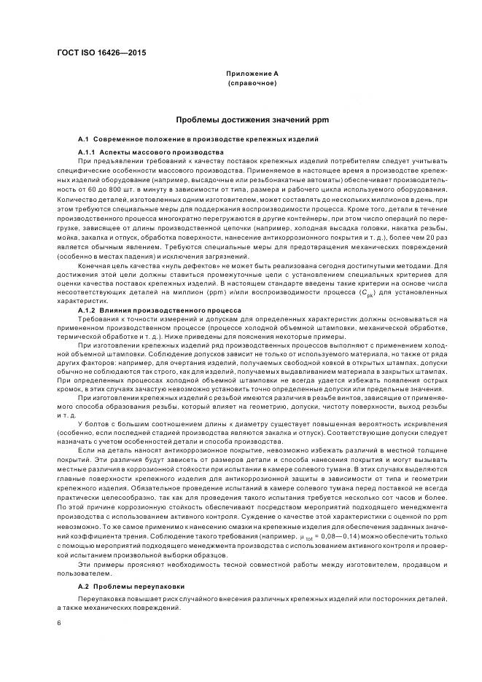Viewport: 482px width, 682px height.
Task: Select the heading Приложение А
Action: point(252,74)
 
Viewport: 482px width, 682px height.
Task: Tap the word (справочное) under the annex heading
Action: point(252,83)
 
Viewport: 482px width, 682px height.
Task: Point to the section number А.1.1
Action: point(87,151)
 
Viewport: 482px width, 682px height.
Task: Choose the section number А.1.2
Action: point(87,310)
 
